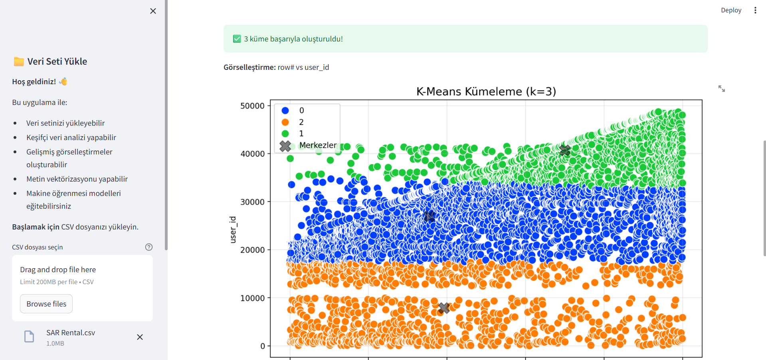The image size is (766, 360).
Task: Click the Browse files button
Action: point(46,304)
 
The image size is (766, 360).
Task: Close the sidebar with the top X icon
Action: point(153,11)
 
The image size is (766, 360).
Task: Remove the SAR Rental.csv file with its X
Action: point(140,337)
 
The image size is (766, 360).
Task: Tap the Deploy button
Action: point(730,10)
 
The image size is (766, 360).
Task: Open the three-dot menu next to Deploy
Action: point(755,10)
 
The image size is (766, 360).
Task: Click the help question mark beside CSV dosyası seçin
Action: point(149,247)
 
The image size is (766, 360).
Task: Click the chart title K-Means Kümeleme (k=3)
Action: point(486,91)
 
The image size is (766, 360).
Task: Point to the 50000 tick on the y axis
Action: point(252,106)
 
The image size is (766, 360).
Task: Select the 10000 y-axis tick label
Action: point(252,298)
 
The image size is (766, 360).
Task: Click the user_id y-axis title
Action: point(233,229)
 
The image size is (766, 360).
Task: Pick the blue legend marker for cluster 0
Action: point(285,111)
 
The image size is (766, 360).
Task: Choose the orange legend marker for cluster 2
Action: point(285,122)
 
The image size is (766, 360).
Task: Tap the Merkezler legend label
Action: point(318,145)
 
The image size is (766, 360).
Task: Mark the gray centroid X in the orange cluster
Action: point(444,308)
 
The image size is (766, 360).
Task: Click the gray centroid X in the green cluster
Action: point(565,150)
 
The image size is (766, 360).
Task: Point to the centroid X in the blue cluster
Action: point(429,216)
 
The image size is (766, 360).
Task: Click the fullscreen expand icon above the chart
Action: point(722,89)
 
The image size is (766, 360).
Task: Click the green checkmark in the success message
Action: point(237,39)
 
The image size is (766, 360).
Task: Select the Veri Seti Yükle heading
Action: point(57,61)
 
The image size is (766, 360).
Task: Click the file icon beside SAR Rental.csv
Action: point(29,336)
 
